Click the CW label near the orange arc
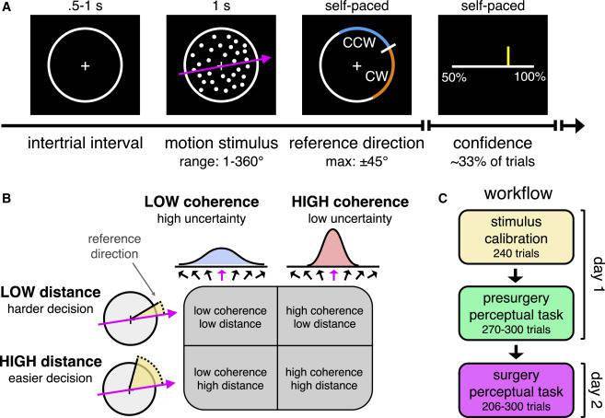click(374, 77)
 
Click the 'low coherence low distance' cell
click(231, 316)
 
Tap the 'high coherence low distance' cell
click(323, 316)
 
